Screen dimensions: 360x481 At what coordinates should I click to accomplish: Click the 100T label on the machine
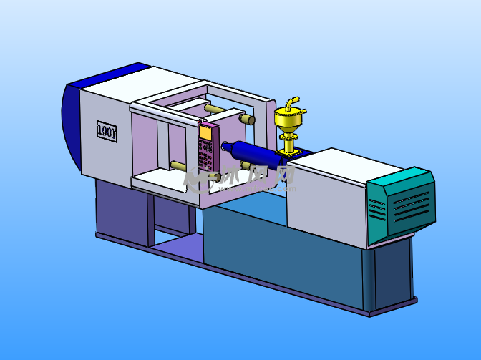[106, 130]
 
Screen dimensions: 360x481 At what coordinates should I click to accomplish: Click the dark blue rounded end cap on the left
[72, 125]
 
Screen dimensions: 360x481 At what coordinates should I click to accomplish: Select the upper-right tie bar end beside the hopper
[248, 119]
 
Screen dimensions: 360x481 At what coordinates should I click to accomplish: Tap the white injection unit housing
[329, 193]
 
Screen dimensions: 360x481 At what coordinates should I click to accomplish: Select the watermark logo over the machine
[240, 180]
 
